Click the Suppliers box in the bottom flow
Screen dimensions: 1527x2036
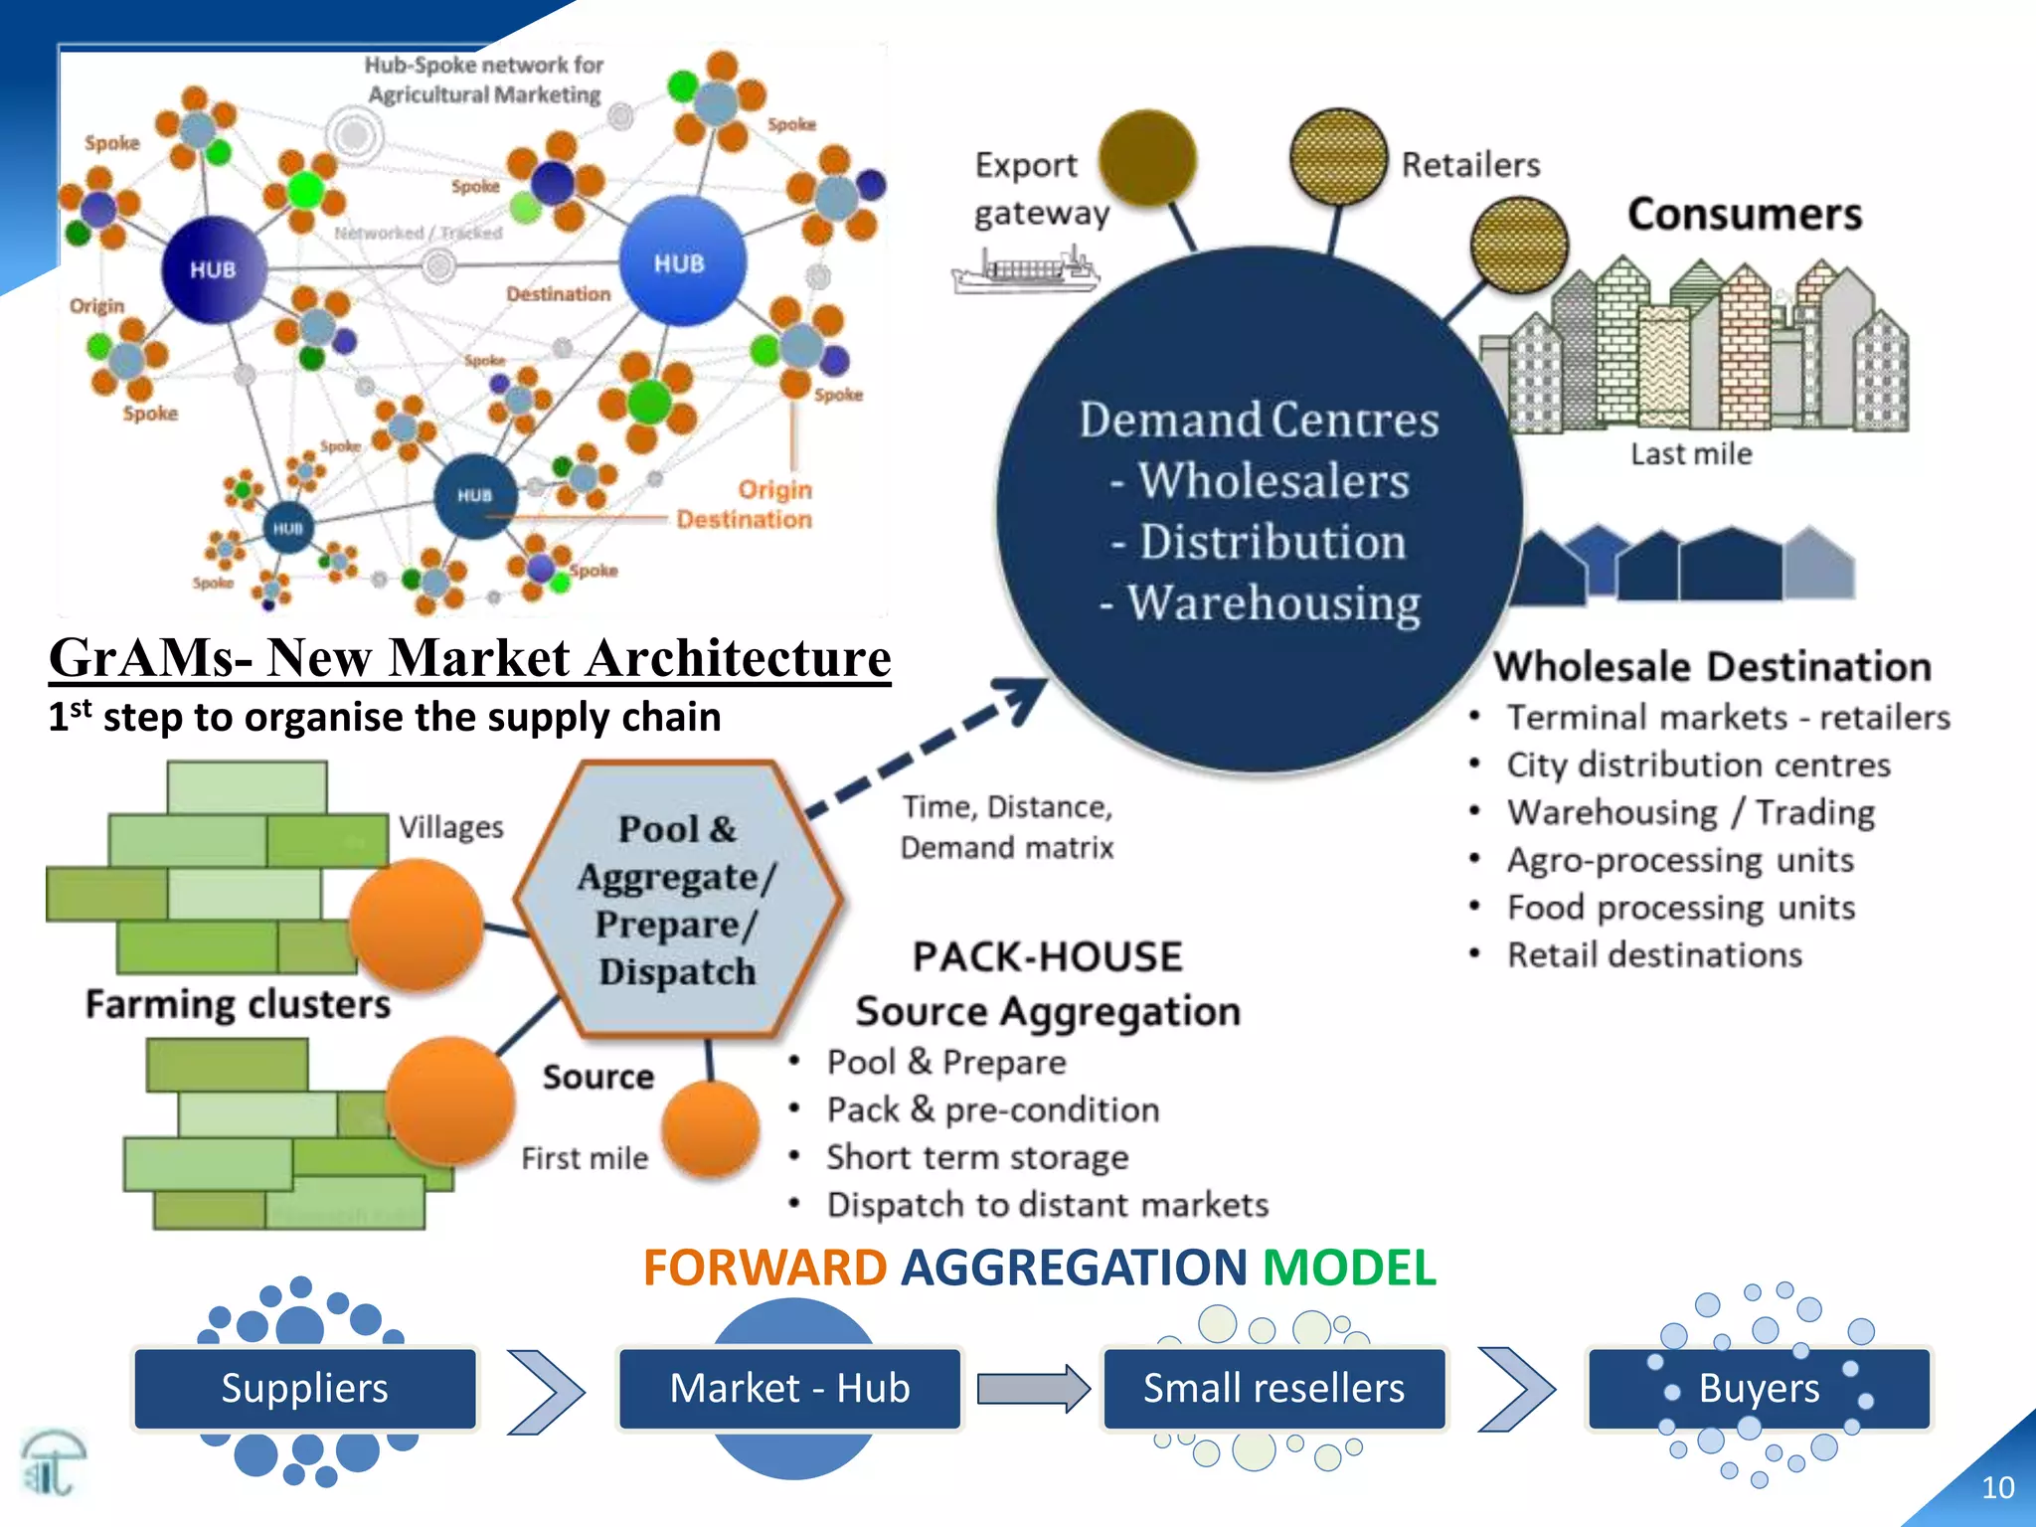(304, 1389)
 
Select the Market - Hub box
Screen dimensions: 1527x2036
(789, 1389)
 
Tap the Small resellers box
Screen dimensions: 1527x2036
(1273, 1389)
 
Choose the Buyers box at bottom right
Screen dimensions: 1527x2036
(1758, 1389)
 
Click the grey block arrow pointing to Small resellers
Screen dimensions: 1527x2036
(1032, 1389)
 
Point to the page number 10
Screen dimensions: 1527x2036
(1997, 1487)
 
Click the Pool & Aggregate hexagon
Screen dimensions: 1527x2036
(678, 900)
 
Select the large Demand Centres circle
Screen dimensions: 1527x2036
(1259, 510)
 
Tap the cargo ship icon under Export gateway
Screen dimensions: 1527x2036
(1025, 269)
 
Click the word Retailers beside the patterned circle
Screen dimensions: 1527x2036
(1470, 165)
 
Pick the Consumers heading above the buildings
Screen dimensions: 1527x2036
(1744, 215)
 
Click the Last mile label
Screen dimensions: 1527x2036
(1691, 454)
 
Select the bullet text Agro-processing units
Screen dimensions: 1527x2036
(1680, 860)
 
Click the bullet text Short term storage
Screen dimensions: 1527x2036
(977, 1157)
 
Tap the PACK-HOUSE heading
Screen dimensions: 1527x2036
(1048, 957)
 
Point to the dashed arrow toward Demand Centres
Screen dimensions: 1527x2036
(925, 747)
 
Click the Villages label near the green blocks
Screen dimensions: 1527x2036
(451, 827)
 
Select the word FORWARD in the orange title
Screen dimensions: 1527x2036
(764, 1269)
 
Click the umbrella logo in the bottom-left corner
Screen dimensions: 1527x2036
(53, 1462)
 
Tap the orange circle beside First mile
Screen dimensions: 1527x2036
(710, 1130)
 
